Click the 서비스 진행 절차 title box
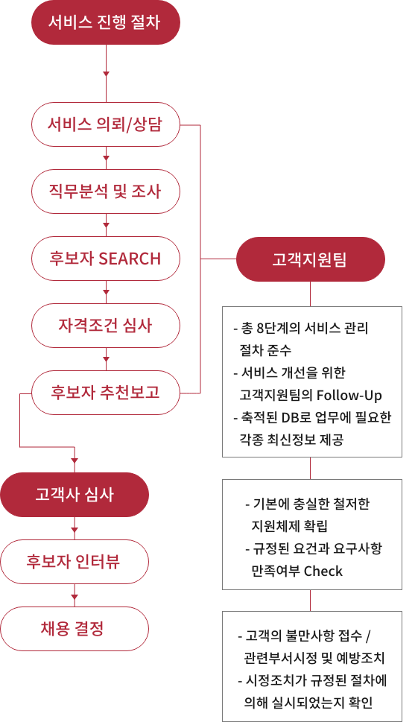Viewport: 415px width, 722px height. click(x=106, y=22)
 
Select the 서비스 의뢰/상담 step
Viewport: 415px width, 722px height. click(x=106, y=124)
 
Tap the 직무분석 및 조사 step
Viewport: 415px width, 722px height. click(x=106, y=191)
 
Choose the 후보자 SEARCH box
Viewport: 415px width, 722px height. click(x=106, y=259)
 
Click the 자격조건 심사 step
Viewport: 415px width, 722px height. click(x=106, y=326)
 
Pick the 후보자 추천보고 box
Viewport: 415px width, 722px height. click(x=106, y=393)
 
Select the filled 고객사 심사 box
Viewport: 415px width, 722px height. click(x=75, y=495)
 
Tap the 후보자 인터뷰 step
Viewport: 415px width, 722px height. click(x=75, y=562)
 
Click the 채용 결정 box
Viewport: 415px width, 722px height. click(x=75, y=629)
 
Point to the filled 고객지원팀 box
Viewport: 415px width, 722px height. click(x=311, y=259)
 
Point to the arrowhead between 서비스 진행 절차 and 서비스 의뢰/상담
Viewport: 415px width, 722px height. click(x=107, y=74)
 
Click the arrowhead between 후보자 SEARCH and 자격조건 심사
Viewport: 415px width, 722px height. click(x=107, y=292)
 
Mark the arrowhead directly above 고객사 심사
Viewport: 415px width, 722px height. click(x=75, y=461)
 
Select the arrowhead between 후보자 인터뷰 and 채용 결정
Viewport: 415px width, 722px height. click(x=75, y=598)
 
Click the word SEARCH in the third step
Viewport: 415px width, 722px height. click(x=130, y=259)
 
